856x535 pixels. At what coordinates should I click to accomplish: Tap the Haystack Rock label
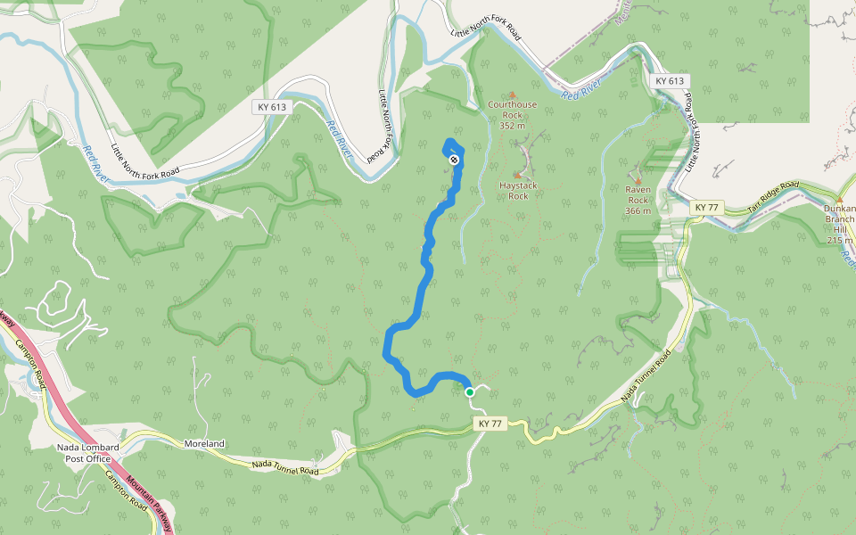(518, 190)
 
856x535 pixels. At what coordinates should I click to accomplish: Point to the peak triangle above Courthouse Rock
(512, 95)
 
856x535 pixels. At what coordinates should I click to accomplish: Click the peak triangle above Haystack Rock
(516, 175)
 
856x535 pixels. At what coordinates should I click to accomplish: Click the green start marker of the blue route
(469, 391)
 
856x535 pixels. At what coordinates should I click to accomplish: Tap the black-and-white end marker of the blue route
(455, 160)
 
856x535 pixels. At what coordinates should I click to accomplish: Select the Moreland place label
(204, 443)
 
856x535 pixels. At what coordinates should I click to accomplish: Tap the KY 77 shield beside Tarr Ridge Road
(705, 208)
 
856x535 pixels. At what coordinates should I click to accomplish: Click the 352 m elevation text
(512, 126)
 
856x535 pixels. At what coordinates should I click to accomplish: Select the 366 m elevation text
(638, 210)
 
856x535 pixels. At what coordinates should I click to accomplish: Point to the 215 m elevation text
(839, 240)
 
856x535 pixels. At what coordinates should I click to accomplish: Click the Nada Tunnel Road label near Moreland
(284, 466)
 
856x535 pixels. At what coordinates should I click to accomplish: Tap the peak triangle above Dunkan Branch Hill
(838, 200)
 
